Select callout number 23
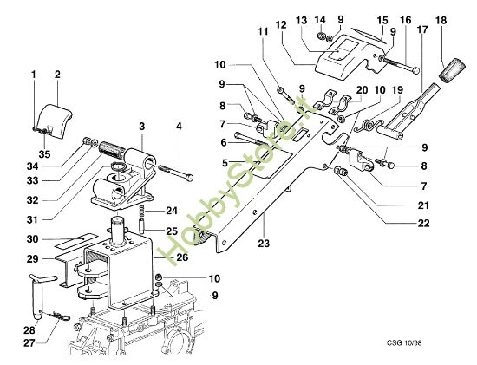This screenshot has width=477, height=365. pos(261,244)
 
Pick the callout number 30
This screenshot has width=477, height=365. pos(32,239)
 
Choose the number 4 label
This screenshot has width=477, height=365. pos(179,127)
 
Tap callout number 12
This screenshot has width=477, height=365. pos(280,25)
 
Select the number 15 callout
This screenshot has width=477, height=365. pos(382,18)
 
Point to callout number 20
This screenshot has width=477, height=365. pos(362,88)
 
